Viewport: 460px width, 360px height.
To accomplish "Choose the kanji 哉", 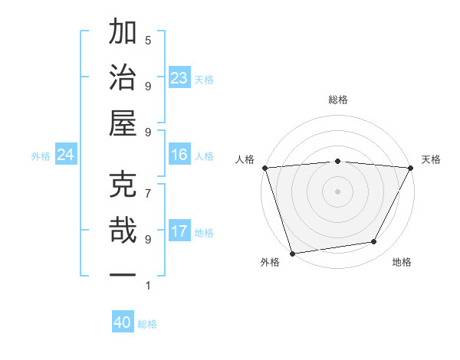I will (124, 231).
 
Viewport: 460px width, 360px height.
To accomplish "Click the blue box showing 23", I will (179, 78).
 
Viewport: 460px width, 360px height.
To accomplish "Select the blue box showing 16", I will (179, 155).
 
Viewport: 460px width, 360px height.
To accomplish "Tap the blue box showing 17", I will (179, 232).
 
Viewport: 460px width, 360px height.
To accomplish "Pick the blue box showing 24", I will (66, 155).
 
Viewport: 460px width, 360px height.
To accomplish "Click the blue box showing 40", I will (123, 323).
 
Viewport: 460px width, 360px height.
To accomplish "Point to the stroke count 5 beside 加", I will (148, 40).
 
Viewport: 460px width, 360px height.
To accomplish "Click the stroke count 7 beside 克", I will (148, 192).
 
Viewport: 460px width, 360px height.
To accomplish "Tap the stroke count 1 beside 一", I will (148, 286).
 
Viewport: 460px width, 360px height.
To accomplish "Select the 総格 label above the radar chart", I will (337, 100).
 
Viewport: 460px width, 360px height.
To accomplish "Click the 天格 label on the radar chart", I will (431, 159).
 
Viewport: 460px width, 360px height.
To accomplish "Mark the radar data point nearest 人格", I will (264, 167).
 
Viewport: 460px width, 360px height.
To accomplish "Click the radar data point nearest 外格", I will (292, 252).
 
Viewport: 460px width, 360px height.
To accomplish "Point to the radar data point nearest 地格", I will (374, 242).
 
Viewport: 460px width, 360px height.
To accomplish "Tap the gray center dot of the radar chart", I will (337, 191).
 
